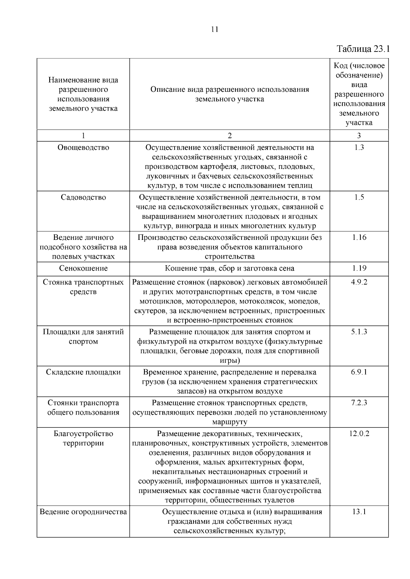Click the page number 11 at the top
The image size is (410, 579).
tap(215, 29)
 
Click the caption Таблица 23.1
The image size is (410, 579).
tap(363, 49)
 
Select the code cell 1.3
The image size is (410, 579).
tap(359, 148)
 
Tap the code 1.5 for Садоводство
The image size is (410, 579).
tap(359, 198)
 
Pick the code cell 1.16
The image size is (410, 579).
tap(359, 237)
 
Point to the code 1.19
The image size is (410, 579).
tap(359, 268)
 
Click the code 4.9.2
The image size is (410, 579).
tap(359, 282)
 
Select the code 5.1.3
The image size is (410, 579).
tap(359, 332)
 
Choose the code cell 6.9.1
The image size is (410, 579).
tap(359, 372)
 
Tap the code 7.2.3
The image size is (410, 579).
tap(359, 403)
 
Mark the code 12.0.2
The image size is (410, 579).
tap(359, 434)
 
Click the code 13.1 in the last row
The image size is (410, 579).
tap(359, 512)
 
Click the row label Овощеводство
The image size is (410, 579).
tap(83, 148)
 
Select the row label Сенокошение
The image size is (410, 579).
tap(83, 268)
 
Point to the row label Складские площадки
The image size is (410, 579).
tap(83, 372)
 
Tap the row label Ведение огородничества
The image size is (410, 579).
tap(83, 512)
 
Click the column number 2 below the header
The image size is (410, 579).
tap(230, 136)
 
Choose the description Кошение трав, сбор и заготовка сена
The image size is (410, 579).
tap(230, 268)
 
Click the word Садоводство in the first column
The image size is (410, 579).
tap(83, 198)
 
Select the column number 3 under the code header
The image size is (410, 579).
tap(359, 136)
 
